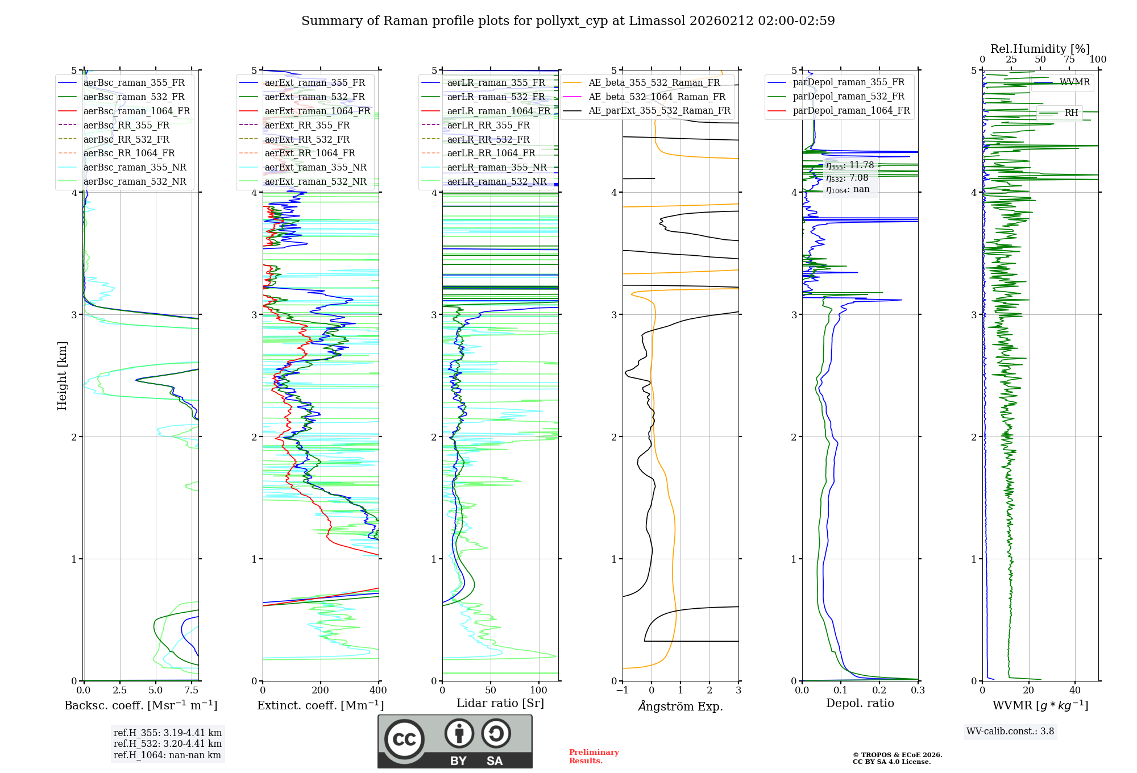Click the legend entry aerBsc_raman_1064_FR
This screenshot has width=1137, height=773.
[x=136, y=111]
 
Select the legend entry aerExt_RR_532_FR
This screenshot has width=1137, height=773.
[x=307, y=139]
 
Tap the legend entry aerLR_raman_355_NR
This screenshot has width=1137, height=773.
[x=496, y=168]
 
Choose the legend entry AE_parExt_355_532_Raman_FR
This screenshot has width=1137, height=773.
[x=659, y=111]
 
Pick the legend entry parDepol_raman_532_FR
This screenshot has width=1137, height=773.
[x=848, y=97]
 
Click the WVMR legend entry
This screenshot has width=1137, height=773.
[x=1074, y=82]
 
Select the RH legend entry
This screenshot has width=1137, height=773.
[x=1071, y=113]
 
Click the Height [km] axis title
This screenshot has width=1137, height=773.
[x=62, y=376]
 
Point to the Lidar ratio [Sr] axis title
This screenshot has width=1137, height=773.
[x=500, y=703]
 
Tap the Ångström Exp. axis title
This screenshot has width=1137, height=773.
[x=680, y=706]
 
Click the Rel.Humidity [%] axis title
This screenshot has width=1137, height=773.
[x=1040, y=49]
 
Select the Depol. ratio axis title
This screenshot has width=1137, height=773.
[x=860, y=703]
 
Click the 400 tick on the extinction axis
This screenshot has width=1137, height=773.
[x=378, y=691]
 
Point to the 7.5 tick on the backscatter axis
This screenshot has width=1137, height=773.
[x=192, y=691]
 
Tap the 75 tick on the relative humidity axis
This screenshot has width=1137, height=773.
[x=1069, y=60]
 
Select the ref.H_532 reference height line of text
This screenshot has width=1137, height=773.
[x=167, y=743]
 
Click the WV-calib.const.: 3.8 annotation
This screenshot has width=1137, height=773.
[x=1010, y=732]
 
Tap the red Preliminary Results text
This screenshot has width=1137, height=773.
[x=594, y=757]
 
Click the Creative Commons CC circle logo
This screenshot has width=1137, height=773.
[x=404, y=739]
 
